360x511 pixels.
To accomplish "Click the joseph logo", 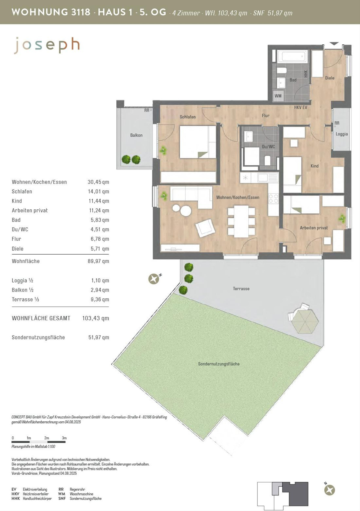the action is pyautogui.click(x=47, y=45).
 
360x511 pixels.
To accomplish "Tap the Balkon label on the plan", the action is pyautogui.click(x=136, y=135).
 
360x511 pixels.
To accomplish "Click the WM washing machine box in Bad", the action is pyautogui.click(x=278, y=96).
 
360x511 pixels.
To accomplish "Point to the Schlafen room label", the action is pyautogui.click(x=187, y=117).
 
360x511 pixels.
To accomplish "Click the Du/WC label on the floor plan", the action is pyautogui.click(x=268, y=147).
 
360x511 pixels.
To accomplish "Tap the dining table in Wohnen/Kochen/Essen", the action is pyautogui.click(x=241, y=222).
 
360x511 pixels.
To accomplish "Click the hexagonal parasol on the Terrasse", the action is pyautogui.click(x=305, y=320).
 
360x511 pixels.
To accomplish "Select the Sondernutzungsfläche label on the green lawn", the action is pyautogui.click(x=219, y=364).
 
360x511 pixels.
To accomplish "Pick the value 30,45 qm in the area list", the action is pyautogui.click(x=98, y=182).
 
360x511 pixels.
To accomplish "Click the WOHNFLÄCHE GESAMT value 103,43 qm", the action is pyautogui.click(x=96, y=318).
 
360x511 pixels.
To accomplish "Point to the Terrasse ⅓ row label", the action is pyautogui.click(x=25, y=300).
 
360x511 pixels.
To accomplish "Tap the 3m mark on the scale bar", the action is pyautogui.click(x=64, y=438).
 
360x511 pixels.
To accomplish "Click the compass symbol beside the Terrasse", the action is pyautogui.click(x=154, y=279).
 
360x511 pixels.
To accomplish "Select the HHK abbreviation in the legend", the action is pyautogui.click(x=16, y=498).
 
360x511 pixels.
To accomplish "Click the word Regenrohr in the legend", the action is pyautogui.click(x=77, y=489).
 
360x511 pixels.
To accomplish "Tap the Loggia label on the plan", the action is pyautogui.click(x=342, y=134).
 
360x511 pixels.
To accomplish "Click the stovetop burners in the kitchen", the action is pyautogui.click(x=274, y=198).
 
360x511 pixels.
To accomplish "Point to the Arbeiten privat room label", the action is pyautogui.click(x=314, y=228).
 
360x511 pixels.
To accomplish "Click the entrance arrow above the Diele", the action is pyautogui.click(x=335, y=43).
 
